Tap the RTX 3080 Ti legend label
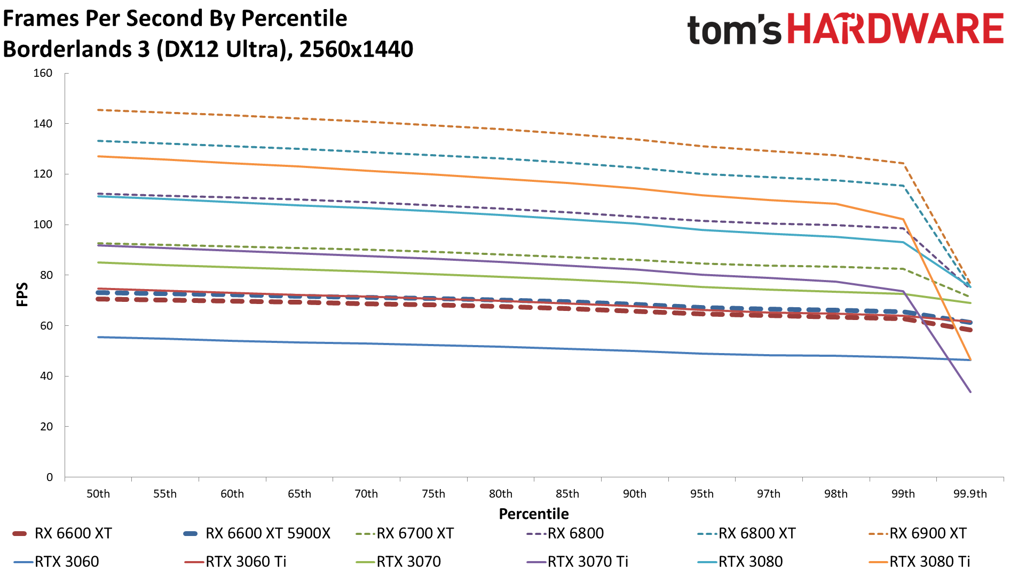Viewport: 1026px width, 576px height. point(929,562)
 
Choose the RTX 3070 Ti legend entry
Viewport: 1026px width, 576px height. point(588,562)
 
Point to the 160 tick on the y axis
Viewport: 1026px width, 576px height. point(43,73)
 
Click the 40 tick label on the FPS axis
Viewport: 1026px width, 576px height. point(46,376)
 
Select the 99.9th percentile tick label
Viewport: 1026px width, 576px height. point(970,494)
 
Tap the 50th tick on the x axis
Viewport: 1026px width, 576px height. point(98,494)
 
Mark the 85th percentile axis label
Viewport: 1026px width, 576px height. point(567,494)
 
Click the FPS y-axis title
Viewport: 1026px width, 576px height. point(22,294)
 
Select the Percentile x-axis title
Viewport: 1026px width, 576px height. point(534,514)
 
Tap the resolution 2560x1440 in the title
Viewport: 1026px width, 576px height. point(356,49)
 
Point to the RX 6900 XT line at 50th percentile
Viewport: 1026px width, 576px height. point(98,110)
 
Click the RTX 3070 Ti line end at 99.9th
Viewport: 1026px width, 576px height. point(970,392)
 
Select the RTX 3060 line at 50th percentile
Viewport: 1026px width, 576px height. point(98,337)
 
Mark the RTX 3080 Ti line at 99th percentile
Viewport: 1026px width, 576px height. point(903,219)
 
